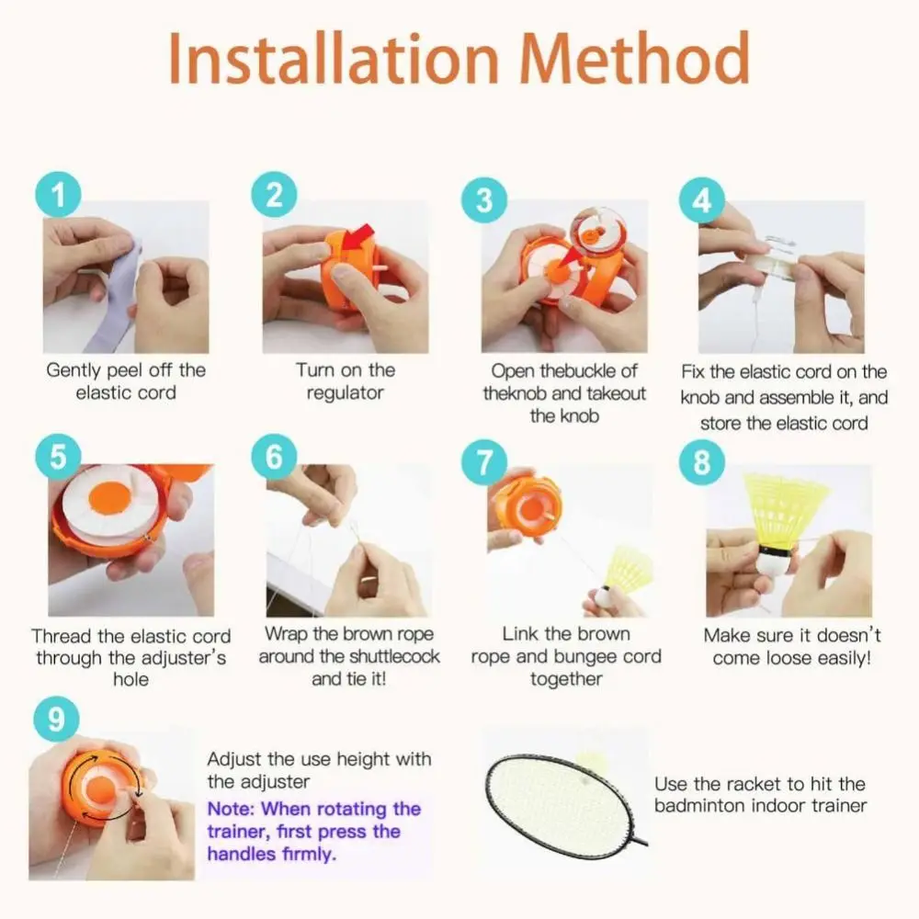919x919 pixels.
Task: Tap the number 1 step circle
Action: (58, 195)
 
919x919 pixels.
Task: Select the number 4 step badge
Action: (702, 199)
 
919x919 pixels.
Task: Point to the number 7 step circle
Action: (484, 462)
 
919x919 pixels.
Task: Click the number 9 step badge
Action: (56, 719)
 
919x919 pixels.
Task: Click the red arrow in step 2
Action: (357, 237)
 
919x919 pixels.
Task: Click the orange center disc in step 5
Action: (111, 498)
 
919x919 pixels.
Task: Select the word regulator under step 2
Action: (346, 392)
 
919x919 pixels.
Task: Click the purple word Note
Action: (231, 809)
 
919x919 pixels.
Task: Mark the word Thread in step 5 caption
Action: (62, 636)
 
